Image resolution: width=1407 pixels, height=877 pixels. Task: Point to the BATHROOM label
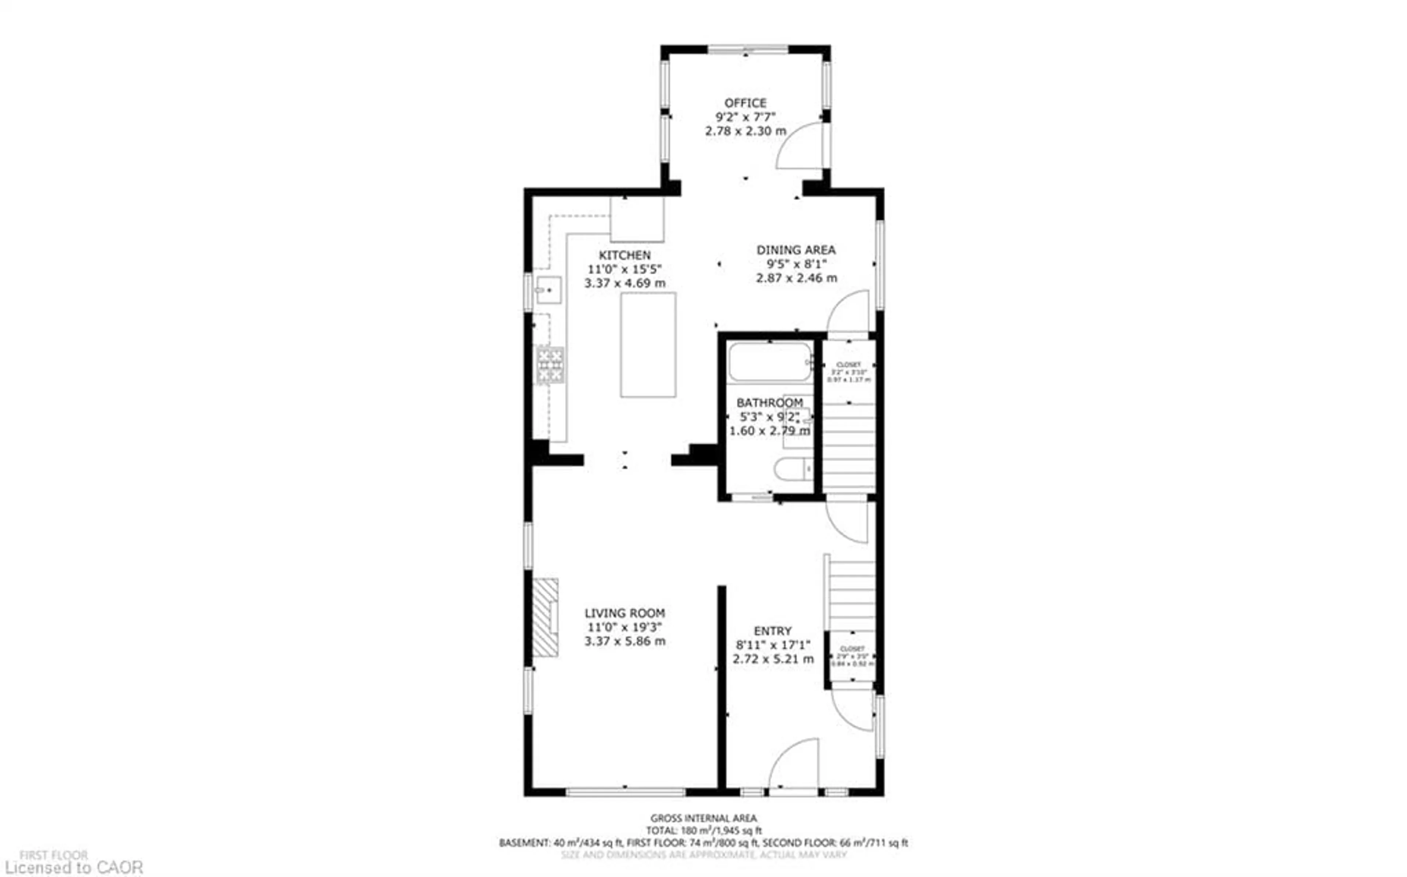[769, 402]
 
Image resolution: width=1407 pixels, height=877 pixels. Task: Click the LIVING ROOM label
[624, 613]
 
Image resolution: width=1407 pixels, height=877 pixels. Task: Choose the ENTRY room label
[772, 631]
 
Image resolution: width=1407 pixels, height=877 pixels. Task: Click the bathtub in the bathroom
[769, 362]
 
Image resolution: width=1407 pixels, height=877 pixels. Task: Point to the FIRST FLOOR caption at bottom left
[53, 855]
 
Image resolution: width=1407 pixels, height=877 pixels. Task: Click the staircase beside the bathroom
[848, 447]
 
